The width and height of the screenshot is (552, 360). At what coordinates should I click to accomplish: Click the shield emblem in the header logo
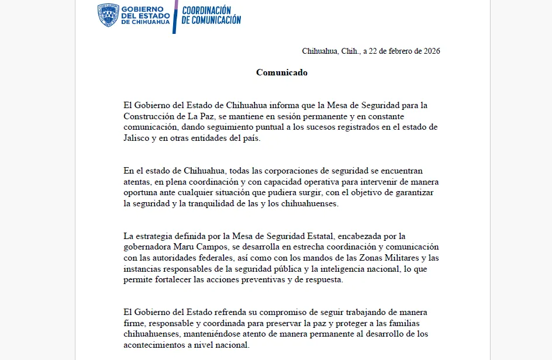pyautogui.click(x=108, y=15)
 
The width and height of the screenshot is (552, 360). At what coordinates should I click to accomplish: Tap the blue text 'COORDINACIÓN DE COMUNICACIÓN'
pyautogui.click(x=211, y=15)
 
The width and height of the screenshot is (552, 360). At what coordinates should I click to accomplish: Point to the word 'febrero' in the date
pyautogui.click(x=400, y=51)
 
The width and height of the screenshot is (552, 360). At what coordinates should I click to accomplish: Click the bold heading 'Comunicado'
pyautogui.click(x=282, y=72)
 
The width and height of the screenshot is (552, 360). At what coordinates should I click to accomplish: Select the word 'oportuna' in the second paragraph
pyautogui.click(x=141, y=192)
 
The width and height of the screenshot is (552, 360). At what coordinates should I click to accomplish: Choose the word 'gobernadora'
pyautogui.click(x=147, y=247)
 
